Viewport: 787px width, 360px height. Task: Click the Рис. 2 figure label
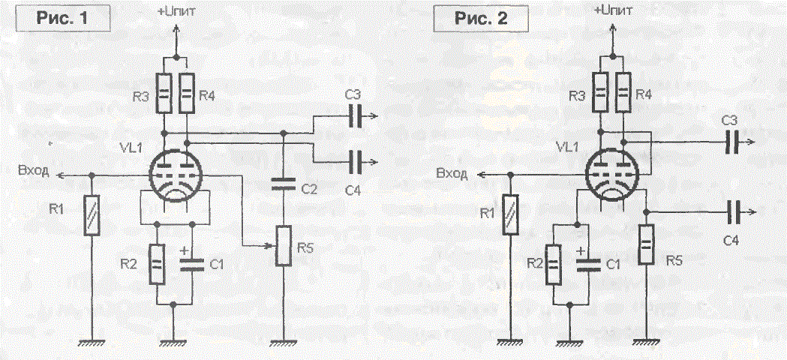pos(482,18)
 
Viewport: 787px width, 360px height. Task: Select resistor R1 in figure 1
pos(92,216)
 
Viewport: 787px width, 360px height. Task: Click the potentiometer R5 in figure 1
pos(284,246)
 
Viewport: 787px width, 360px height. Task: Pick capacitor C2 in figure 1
pos(284,185)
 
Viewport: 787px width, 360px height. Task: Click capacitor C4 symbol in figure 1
pos(356,162)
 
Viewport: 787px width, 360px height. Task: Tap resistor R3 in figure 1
pos(164,92)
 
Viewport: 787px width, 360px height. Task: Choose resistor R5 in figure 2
pos(647,245)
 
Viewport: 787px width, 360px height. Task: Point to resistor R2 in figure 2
pos(553,264)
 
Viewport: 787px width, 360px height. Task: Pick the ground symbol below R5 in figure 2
pos(647,342)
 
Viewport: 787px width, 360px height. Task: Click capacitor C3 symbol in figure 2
pos(733,142)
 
